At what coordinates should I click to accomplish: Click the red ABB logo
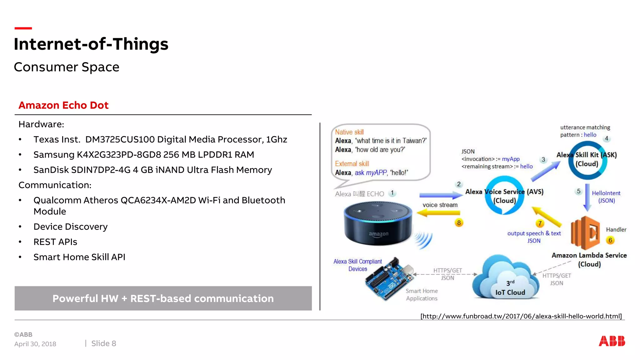(612, 341)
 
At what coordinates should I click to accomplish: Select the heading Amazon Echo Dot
(63, 105)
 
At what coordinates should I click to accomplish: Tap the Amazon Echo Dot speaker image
(378, 223)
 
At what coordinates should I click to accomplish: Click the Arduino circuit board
(389, 278)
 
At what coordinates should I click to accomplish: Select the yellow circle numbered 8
(459, 223)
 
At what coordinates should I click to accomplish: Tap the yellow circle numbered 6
(610, 240)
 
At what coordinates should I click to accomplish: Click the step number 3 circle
(543, 160)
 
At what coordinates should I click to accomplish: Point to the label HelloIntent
(606, 193)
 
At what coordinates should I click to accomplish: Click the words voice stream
(440, 205)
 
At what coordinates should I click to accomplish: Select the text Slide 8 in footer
(103, 343)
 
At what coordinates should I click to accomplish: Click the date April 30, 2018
(35, 344)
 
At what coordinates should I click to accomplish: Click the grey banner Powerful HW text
(163, 298)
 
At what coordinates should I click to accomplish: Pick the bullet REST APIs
(55, 242)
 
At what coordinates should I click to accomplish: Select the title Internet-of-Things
(91, 44)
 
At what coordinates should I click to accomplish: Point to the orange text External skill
(352, 164)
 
